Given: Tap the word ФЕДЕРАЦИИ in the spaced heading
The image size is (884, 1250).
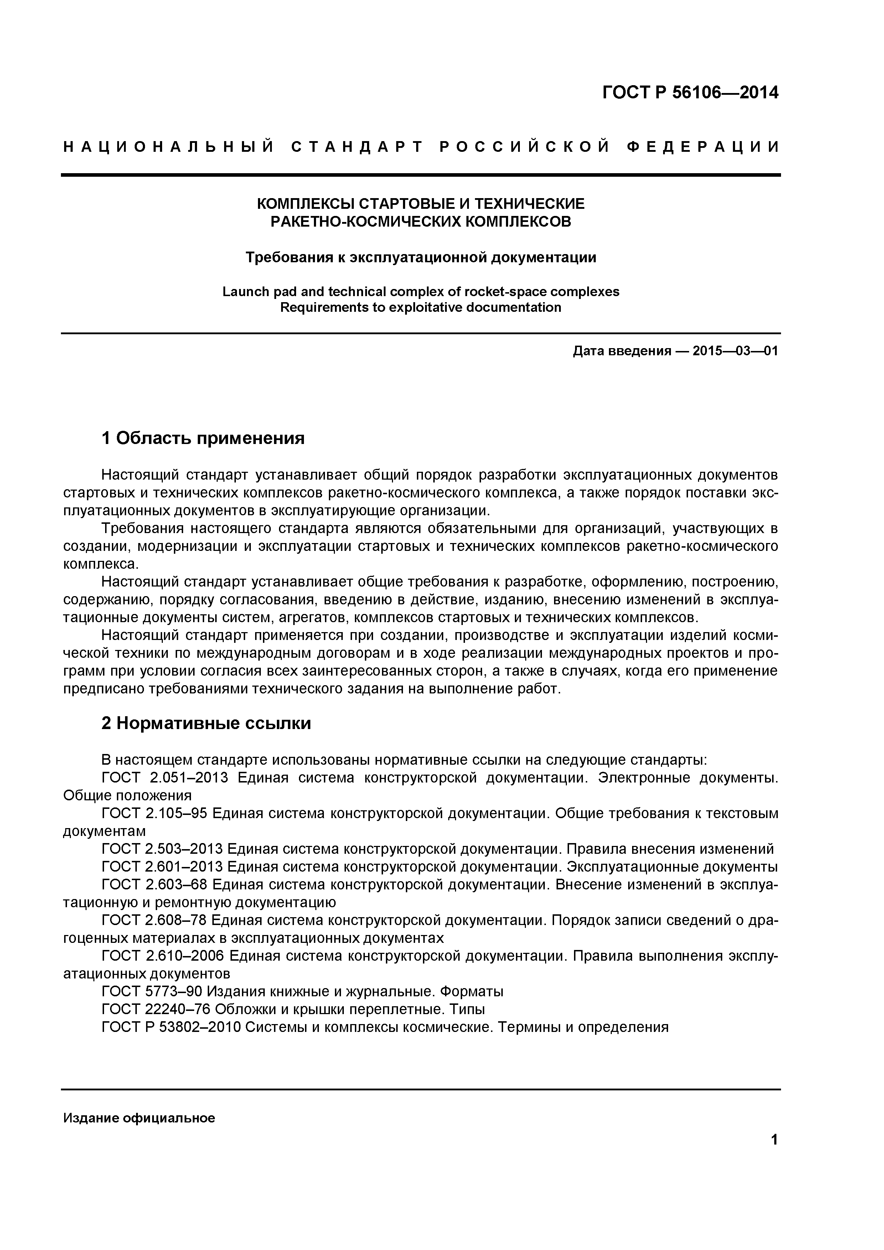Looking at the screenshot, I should point(703,147).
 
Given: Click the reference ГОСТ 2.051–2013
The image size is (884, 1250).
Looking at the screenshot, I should point(165,778).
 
